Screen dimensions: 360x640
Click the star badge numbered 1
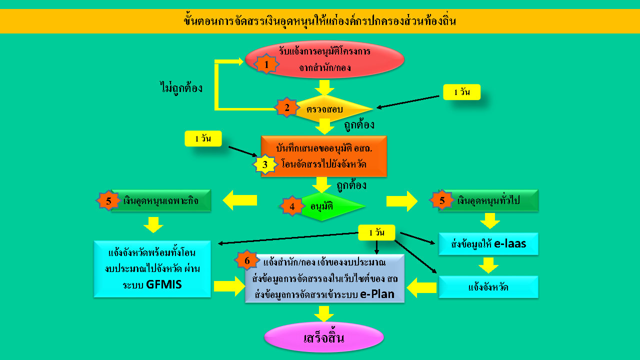pos(266,64)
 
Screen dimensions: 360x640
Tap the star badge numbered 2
pos(287,107)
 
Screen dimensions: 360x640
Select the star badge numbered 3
pos(265,164)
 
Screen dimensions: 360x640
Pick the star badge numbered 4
pos(292,205)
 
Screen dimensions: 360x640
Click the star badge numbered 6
pos(247,260)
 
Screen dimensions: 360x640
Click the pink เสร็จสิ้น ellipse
pos(323,337)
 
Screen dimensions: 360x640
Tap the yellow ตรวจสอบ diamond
pos(330,108)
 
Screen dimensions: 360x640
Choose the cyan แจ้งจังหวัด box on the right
pos(488,287)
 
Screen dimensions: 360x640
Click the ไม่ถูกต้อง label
pos(179,88)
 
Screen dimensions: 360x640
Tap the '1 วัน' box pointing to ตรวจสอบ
pos(461,92)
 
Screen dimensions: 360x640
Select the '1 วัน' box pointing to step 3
pos(203,138)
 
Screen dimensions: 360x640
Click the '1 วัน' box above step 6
pos(377,232)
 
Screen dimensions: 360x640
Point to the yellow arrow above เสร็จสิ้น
pos(324,314)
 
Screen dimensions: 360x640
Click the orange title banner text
pos(320,21)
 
